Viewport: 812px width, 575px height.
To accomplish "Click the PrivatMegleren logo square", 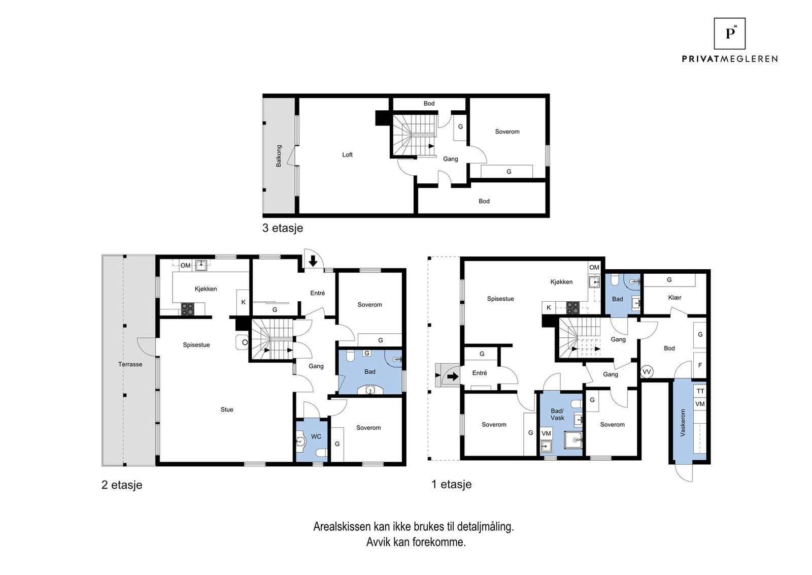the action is (729, 34).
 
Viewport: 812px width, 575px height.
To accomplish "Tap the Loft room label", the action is (347, 155).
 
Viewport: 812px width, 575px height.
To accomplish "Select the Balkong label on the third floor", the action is (279, 156).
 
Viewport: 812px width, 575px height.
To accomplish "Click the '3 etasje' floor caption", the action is (282, 228).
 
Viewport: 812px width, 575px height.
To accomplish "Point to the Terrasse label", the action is (130, 364).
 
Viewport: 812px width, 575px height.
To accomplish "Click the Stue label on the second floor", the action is (227, 409).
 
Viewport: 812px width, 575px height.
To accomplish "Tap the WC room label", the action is (316, 436).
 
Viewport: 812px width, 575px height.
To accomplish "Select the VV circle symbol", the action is (647, 372).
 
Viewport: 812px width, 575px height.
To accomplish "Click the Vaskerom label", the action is (683, 423).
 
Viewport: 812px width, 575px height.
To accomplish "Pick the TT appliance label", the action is (700, 391).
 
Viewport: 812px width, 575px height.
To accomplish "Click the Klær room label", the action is (674, 298).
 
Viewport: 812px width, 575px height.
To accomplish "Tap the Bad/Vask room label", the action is (557, 414).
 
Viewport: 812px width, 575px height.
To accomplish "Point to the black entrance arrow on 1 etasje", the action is (453, 377).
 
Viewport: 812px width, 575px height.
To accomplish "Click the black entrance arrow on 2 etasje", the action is (313, 261).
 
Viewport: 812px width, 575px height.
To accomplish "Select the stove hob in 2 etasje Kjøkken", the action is (187, 309).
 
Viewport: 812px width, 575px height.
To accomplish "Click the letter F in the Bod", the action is (700, 365).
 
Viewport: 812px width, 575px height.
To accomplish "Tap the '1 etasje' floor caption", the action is (451, 484).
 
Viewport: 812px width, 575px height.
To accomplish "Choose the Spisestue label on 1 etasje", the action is (500, 299).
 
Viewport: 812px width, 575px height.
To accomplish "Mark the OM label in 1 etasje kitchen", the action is (594, 267).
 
